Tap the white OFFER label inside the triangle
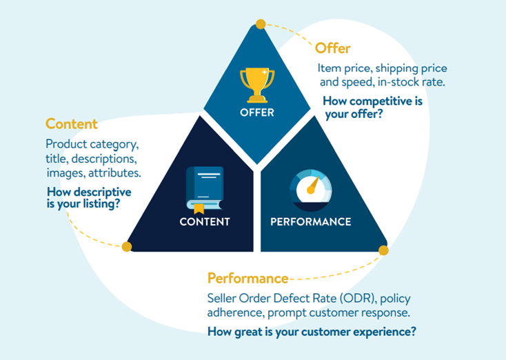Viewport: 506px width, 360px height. (256, 112)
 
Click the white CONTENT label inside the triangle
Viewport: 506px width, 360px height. (205, 222)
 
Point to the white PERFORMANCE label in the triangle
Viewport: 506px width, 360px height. (310, 222)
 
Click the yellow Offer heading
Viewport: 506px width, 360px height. (332, 48)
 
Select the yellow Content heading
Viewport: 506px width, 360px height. (72, 124)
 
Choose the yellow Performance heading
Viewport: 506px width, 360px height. (247, 279)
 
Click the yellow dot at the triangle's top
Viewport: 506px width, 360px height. (261, 24)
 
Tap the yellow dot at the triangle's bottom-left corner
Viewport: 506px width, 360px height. (127, 246)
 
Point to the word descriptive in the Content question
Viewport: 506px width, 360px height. (101, 192)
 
